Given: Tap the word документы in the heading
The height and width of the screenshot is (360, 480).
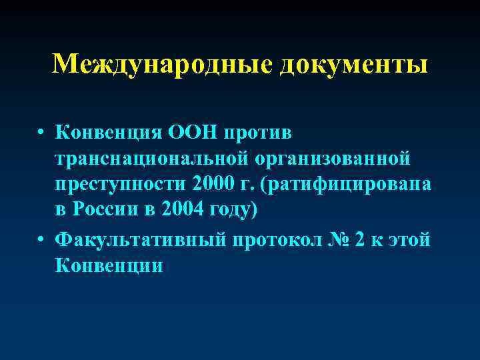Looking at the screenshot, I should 353,64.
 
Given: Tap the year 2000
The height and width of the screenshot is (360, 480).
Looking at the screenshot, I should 211,185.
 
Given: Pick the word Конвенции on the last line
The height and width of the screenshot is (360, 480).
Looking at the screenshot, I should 110,265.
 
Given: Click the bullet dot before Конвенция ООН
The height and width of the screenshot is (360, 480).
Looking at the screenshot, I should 41,132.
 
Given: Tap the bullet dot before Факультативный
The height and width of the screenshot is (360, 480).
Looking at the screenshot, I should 41,239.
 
